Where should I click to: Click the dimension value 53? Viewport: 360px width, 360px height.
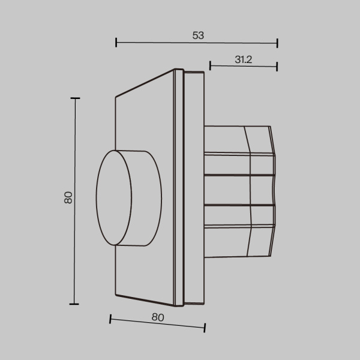[x=198, y=35]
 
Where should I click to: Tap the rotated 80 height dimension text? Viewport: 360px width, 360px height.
[x=68, y=197]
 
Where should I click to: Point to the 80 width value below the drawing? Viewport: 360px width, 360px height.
[x=157, y=316]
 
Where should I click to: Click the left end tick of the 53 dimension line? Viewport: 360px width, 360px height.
[x=116, y=43]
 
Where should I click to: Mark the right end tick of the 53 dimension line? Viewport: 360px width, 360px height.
[x=277, y=43]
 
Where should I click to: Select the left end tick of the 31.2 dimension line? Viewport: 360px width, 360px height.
[x=211, y=65]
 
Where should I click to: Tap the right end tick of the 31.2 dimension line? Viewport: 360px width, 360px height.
[x=277, y=65]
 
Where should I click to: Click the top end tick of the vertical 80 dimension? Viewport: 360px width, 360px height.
[x=75, y=98]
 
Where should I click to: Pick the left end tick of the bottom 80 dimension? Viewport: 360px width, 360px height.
[x=110, y=319]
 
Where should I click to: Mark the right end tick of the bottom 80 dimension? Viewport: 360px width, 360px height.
[x=205, y=328]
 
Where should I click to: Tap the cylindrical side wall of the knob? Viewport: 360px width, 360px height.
[x=144, y=198]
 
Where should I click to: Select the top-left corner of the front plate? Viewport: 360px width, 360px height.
[x=115, y=96]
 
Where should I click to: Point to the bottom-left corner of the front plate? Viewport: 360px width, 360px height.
[x=115, y=296]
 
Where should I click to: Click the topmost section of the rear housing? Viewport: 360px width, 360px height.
[x=237, y=139]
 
